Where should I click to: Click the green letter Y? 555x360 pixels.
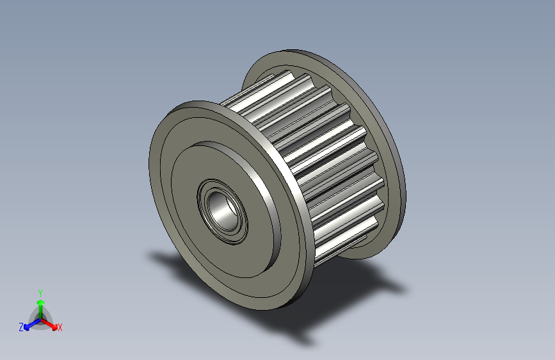(40, 291)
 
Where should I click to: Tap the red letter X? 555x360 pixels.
(60, 327)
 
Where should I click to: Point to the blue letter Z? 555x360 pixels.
(21, 327)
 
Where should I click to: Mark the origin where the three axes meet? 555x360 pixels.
(40, 318)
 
